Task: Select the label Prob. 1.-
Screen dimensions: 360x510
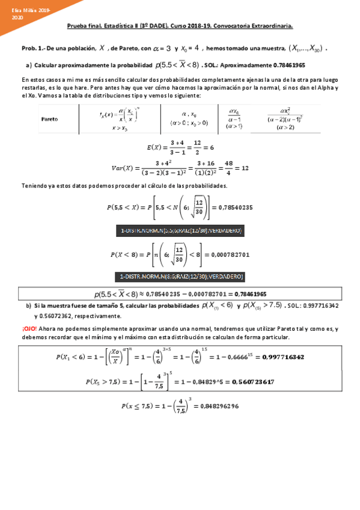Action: (31, 48)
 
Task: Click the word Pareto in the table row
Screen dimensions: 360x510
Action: (49, 118)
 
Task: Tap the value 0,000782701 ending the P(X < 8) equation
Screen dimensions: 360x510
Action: (233, 254)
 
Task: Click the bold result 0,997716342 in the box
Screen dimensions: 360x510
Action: (282, 357)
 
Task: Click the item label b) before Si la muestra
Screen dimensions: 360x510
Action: (28, 306)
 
